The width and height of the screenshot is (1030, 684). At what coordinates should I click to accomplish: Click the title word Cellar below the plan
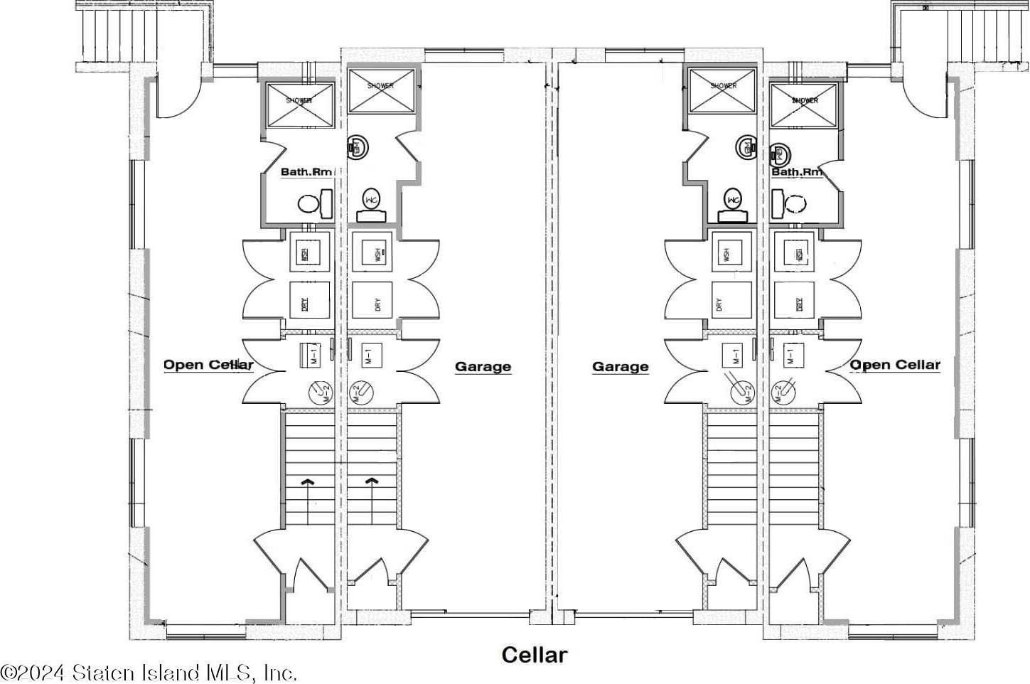click(x=534, y=655)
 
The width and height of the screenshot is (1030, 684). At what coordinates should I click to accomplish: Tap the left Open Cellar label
click(x=208, y=365)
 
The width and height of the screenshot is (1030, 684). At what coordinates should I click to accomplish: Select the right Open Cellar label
click(x=896, y=365)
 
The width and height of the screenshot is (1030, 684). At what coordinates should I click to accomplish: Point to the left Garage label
click(x=483, y=367)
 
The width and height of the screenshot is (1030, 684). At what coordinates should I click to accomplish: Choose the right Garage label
click(x=620, y=367)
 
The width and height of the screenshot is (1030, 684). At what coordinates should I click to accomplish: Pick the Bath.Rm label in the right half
click(x=797, y=171)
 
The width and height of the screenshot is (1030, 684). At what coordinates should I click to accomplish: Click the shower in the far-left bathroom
click(x=299, y=105)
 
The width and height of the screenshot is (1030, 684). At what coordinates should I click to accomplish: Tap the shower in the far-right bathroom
click(x=804, y=104)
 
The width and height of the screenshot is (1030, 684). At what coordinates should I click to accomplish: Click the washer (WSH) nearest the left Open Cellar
click(x=309, y=254)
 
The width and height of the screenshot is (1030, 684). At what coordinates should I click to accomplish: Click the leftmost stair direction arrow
click(x=307, y=482)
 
